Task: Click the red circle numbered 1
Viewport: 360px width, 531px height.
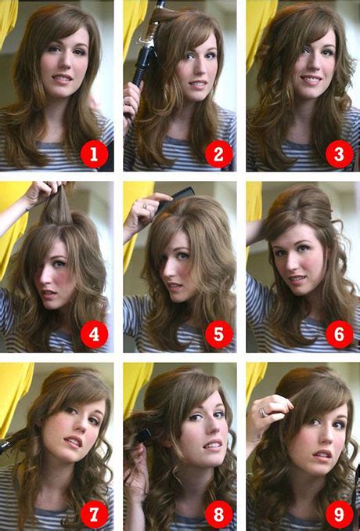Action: (x=94, y=154)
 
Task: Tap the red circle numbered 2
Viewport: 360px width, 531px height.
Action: (x=218, y=154)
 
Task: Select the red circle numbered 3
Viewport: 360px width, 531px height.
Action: (x=339, y=154)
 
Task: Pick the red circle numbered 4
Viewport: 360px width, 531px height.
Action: (x=94, y=335)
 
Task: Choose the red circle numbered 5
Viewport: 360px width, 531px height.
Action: (x=218, y=335)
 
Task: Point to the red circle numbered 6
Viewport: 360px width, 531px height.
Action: (x=339, y=335)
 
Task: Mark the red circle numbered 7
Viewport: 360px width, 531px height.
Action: (x=94, y=515)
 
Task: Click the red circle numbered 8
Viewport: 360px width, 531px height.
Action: (x=218, y=515)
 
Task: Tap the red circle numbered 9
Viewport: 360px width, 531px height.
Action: (x=339, y=515)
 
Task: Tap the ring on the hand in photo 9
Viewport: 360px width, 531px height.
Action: (x=264, y=410)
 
